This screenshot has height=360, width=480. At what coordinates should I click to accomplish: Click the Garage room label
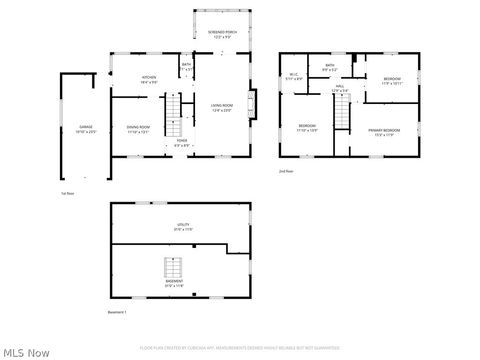click(79, 129)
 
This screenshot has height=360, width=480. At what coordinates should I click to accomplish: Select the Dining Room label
click(138, 129)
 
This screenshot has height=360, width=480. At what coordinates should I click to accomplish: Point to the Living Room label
click(221, 107)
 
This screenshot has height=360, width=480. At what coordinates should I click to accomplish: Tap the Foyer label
click(182, 143)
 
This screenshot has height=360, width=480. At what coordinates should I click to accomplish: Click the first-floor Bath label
click(186, 68)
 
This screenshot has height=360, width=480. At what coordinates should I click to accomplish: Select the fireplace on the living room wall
click(253, 103)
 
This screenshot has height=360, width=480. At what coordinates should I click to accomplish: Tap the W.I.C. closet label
click(294, 76)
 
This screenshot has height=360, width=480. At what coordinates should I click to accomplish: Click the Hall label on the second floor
click(340, 89)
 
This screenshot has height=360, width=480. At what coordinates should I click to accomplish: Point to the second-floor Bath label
click(330, 68)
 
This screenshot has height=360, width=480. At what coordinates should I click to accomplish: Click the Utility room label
click(183, 228)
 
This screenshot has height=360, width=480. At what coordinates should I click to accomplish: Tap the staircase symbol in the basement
click(174, 269)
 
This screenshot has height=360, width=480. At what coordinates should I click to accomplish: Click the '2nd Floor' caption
click(287, 171)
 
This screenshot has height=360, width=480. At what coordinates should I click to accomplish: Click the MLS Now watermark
click(25, 352)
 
